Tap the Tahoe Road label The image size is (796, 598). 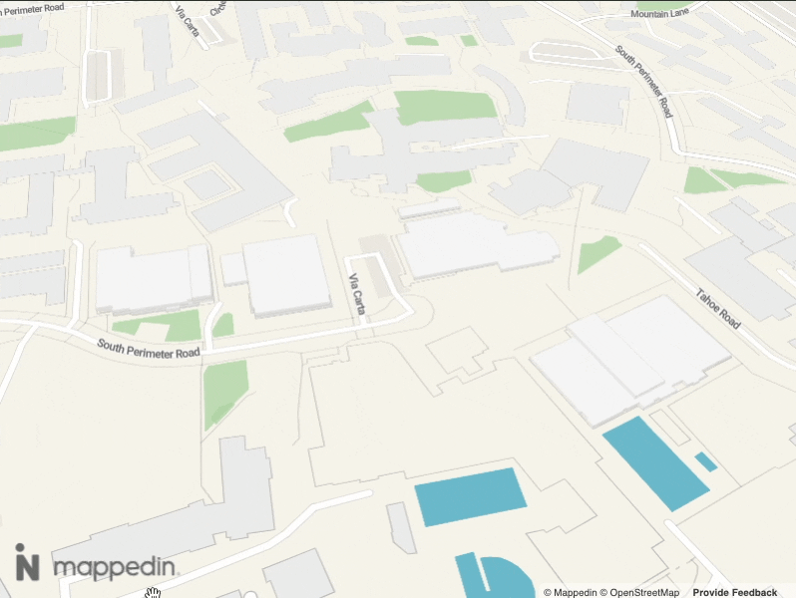coord(718,310)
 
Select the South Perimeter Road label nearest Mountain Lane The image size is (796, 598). coord(644,82)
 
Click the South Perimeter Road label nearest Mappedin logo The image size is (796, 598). coord(149,348)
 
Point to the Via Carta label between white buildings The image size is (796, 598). coord(356,296)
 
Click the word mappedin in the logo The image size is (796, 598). coord(115,567)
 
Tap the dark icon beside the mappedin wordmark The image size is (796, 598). coord(27,563)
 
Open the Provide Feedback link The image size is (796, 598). coord(734,592)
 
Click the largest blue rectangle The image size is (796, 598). coord(470,495)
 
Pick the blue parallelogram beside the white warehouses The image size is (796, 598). coord(654,462)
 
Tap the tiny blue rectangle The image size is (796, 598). coord(705,461)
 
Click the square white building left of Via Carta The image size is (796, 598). coord(286,274)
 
